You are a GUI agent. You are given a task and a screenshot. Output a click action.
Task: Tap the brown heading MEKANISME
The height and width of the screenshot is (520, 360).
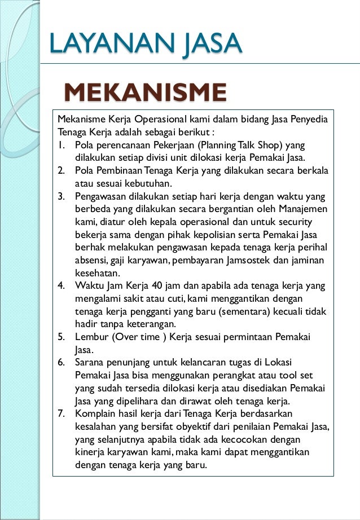[x=146, y=93]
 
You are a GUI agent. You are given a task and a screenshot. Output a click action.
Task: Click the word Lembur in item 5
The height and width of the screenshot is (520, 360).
[x=91, y=337]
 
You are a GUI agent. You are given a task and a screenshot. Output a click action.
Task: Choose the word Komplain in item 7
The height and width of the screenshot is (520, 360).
[x=96, y=415]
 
